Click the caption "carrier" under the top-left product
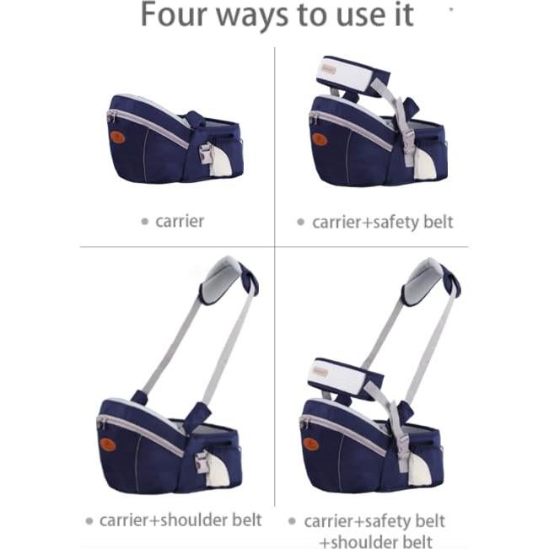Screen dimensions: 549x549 pos(180,222)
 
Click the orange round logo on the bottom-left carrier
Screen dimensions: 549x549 pos(107,443)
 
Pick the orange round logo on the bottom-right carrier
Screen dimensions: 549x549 pos(311,443)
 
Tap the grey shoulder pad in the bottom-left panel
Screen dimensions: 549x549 pos(225,277)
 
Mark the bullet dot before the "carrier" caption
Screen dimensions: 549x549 pos(145,222)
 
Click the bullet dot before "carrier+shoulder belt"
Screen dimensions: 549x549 pos(89,520)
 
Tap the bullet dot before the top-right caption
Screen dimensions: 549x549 pos(299,223)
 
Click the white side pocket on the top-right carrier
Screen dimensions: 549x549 pos(428,165)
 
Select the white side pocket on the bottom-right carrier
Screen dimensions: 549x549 pos(419,468)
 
